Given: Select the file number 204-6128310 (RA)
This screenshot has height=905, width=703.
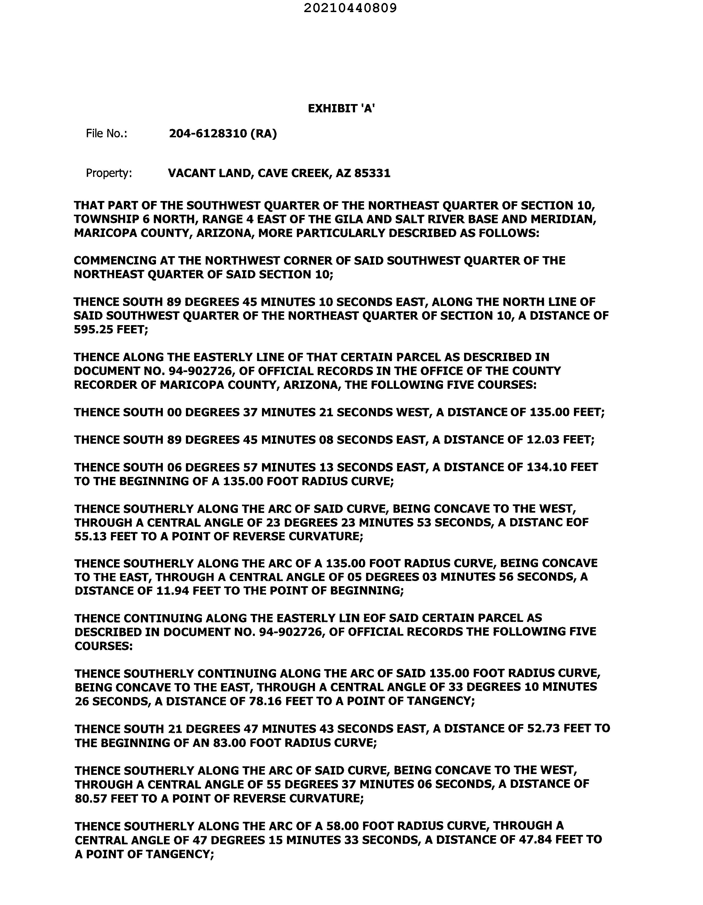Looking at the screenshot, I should click(223, 133).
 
